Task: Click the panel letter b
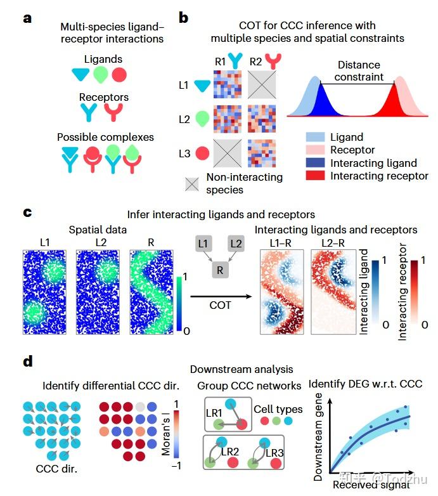point(183,18)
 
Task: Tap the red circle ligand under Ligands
point(119,75)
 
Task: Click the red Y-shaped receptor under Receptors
point(113,112)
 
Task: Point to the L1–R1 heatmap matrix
point(228,84)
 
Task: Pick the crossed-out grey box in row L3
point(228,153)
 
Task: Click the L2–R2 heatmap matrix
point(262,119)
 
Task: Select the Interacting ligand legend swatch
point(315,162)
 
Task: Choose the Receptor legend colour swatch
point(315,150)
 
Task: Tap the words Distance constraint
point(359,71)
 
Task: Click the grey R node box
point(220,270)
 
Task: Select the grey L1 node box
point(203,244)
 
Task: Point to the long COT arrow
point(221,296)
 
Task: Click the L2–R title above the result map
point(333,243)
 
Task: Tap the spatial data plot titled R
point(151,292)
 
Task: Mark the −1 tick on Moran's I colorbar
point(176,466)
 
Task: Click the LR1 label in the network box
point(214,413)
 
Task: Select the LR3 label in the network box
point(274,453)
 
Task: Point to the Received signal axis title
point(371,485)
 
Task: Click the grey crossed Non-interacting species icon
point(192,184)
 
